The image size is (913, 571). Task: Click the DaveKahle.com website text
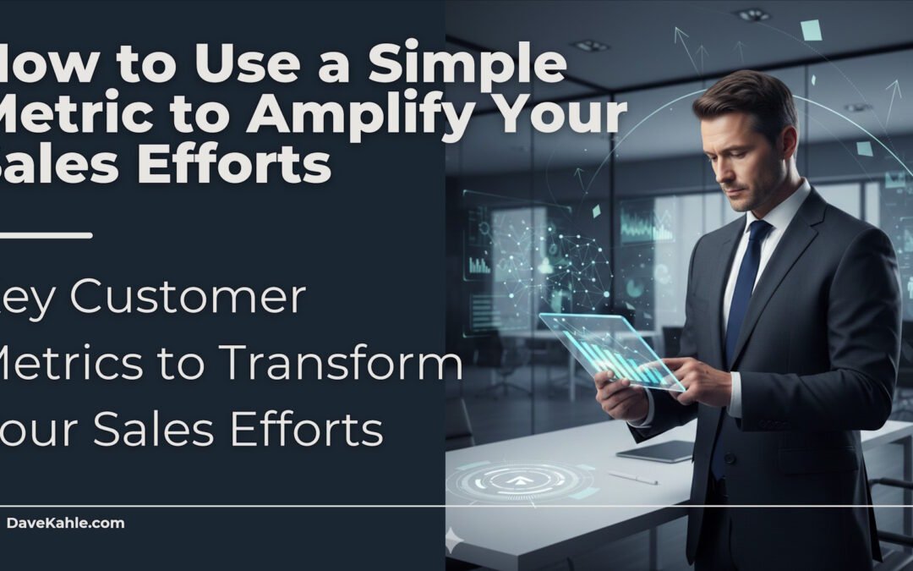point(65,523)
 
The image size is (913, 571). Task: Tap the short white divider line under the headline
point(46,235)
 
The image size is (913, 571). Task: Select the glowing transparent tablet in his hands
point(611,349)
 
